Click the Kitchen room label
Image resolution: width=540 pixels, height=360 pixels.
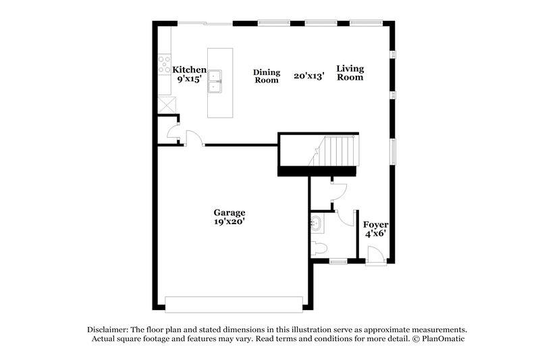189,70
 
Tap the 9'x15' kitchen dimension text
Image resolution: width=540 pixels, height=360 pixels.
189,79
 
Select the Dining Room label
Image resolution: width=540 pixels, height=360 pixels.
266,76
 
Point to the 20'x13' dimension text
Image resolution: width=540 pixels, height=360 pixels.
309,76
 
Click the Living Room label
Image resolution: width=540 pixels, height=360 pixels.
350,73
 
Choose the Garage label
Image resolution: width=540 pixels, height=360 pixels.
230,211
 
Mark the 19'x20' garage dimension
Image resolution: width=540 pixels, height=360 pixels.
230,221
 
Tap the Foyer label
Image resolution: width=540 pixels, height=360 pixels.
375,224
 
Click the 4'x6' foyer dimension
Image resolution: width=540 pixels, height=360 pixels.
375,234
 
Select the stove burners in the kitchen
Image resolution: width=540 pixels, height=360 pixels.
164,65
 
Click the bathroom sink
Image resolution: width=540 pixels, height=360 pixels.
315,224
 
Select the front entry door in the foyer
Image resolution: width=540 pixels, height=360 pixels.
375,256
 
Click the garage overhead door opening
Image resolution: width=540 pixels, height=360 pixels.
234,304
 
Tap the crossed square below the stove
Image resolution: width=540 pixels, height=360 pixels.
165,105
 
